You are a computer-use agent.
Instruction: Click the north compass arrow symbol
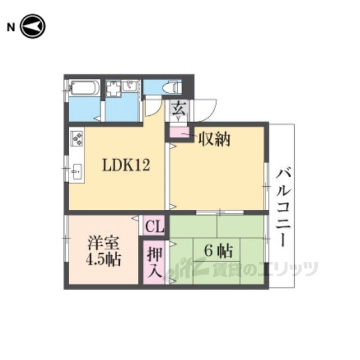[33, 26]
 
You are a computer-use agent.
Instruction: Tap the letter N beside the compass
[11, 28]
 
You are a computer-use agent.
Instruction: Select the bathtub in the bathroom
[84, 88]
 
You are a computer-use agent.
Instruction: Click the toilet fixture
[172, 87]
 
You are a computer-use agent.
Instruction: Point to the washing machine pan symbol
[113, 89]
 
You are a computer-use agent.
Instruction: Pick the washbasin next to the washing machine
[130, 87]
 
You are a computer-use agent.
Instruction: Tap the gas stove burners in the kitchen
[77, 138]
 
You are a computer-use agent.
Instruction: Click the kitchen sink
[76, 172]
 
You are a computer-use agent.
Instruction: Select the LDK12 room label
[126, 165]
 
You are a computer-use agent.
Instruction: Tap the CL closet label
[154, 226]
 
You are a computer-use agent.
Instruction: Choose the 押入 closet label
[154, 262]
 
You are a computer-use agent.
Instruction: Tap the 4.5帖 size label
[103, 259]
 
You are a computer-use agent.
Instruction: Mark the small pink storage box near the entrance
[179, 133]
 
